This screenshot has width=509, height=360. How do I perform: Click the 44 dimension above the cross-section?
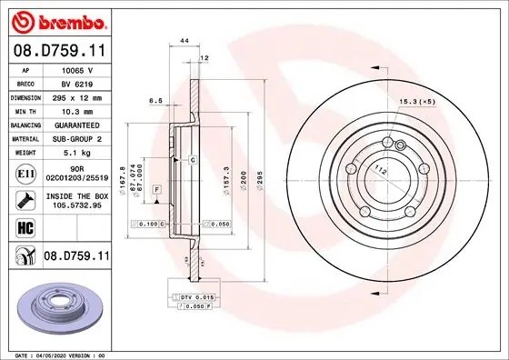(185, 42)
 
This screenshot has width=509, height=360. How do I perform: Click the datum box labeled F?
(157, 188)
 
